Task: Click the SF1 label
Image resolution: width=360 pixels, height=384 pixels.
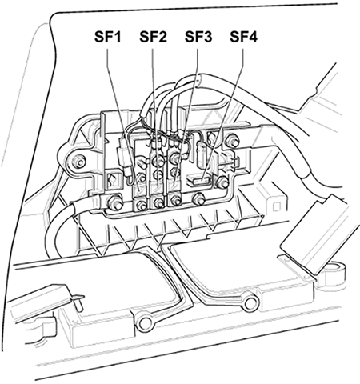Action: tap(107, 37)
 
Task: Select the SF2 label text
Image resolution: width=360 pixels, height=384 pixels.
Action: tap(153, 37)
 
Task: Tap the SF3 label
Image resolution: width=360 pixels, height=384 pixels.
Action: tap(198, 37)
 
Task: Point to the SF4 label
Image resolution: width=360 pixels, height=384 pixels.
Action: tap(243, 37)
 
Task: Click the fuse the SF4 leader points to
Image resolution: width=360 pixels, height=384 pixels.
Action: tap(199, 181)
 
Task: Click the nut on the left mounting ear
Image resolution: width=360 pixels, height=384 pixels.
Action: tap(79, 162)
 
